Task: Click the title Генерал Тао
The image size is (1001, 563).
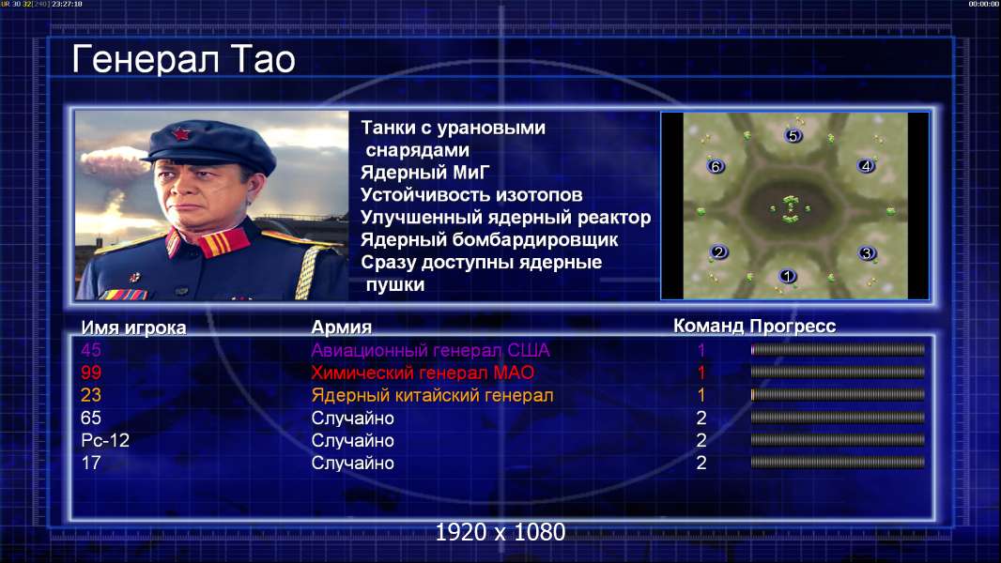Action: coord(183,59)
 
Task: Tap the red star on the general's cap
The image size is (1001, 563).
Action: coord(181,133)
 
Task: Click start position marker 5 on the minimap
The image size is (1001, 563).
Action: coord(793,135)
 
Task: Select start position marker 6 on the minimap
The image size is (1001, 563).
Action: coord(716,166)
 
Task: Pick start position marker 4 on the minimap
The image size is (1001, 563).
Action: coord(866,166)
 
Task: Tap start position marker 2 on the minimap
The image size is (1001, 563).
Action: coord(719,251)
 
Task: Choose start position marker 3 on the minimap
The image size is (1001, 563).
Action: coord(867,253)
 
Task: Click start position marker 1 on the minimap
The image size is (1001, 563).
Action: coord(787,276)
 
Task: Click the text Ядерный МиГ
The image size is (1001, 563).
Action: coord(424,173)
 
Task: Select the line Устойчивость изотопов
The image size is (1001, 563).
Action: coord(471,195)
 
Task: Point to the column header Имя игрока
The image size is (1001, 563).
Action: coord(133,327)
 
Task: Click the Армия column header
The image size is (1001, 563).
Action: coord(342,327)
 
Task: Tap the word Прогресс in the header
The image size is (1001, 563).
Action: coord(793,327)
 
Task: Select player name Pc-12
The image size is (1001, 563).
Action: coord(105,441)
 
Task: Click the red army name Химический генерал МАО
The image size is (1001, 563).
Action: coord(423,373)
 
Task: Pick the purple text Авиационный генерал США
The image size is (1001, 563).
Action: coord(430,351)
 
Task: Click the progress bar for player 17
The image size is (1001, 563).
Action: coord(838,463)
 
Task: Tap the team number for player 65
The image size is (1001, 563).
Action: coord(701,418)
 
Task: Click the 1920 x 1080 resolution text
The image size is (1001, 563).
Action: coord(500,532)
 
